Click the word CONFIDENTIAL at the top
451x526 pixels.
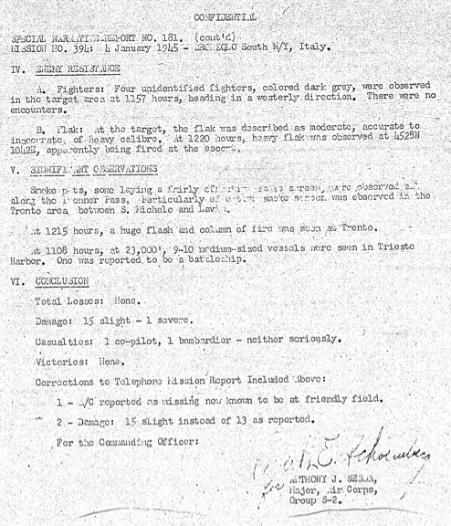point(225,16)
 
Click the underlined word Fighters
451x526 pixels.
point(73,88)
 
